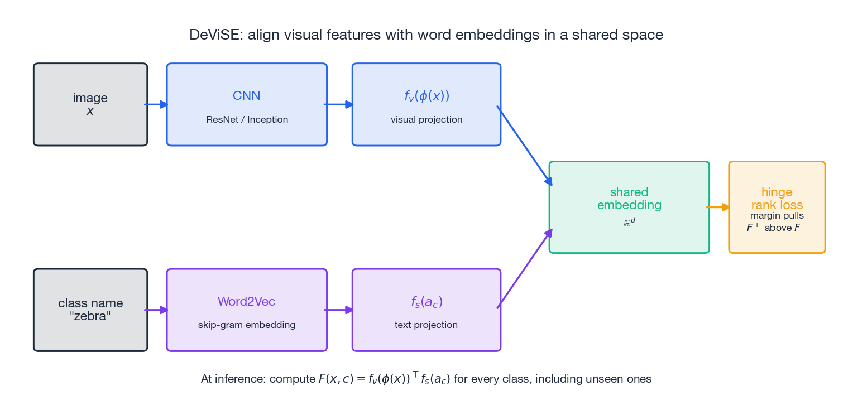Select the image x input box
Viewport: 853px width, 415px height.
[x=90, y=104]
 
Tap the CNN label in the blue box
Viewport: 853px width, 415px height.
[x=246, y=95]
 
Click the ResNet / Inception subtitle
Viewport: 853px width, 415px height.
[x=247, y=120]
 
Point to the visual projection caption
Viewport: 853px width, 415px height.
[x=426, y=120]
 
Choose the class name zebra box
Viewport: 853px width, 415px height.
[x=90, y=310]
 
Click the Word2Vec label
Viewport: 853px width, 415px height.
[x=246, y=302]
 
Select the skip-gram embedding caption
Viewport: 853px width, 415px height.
[x=247, y=325]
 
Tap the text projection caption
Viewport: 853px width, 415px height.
[x=426, y=325]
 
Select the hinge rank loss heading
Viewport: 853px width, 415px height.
[x=777, y=199]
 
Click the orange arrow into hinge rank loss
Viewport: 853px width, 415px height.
[x=719, y=207]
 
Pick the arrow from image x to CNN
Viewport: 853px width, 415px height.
[x=156, y=104]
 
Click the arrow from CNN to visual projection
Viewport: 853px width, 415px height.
[x=339, y=104]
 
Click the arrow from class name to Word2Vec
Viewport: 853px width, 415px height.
[x=156, y=310]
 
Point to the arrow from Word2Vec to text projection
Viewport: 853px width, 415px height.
[x=339, y=310]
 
